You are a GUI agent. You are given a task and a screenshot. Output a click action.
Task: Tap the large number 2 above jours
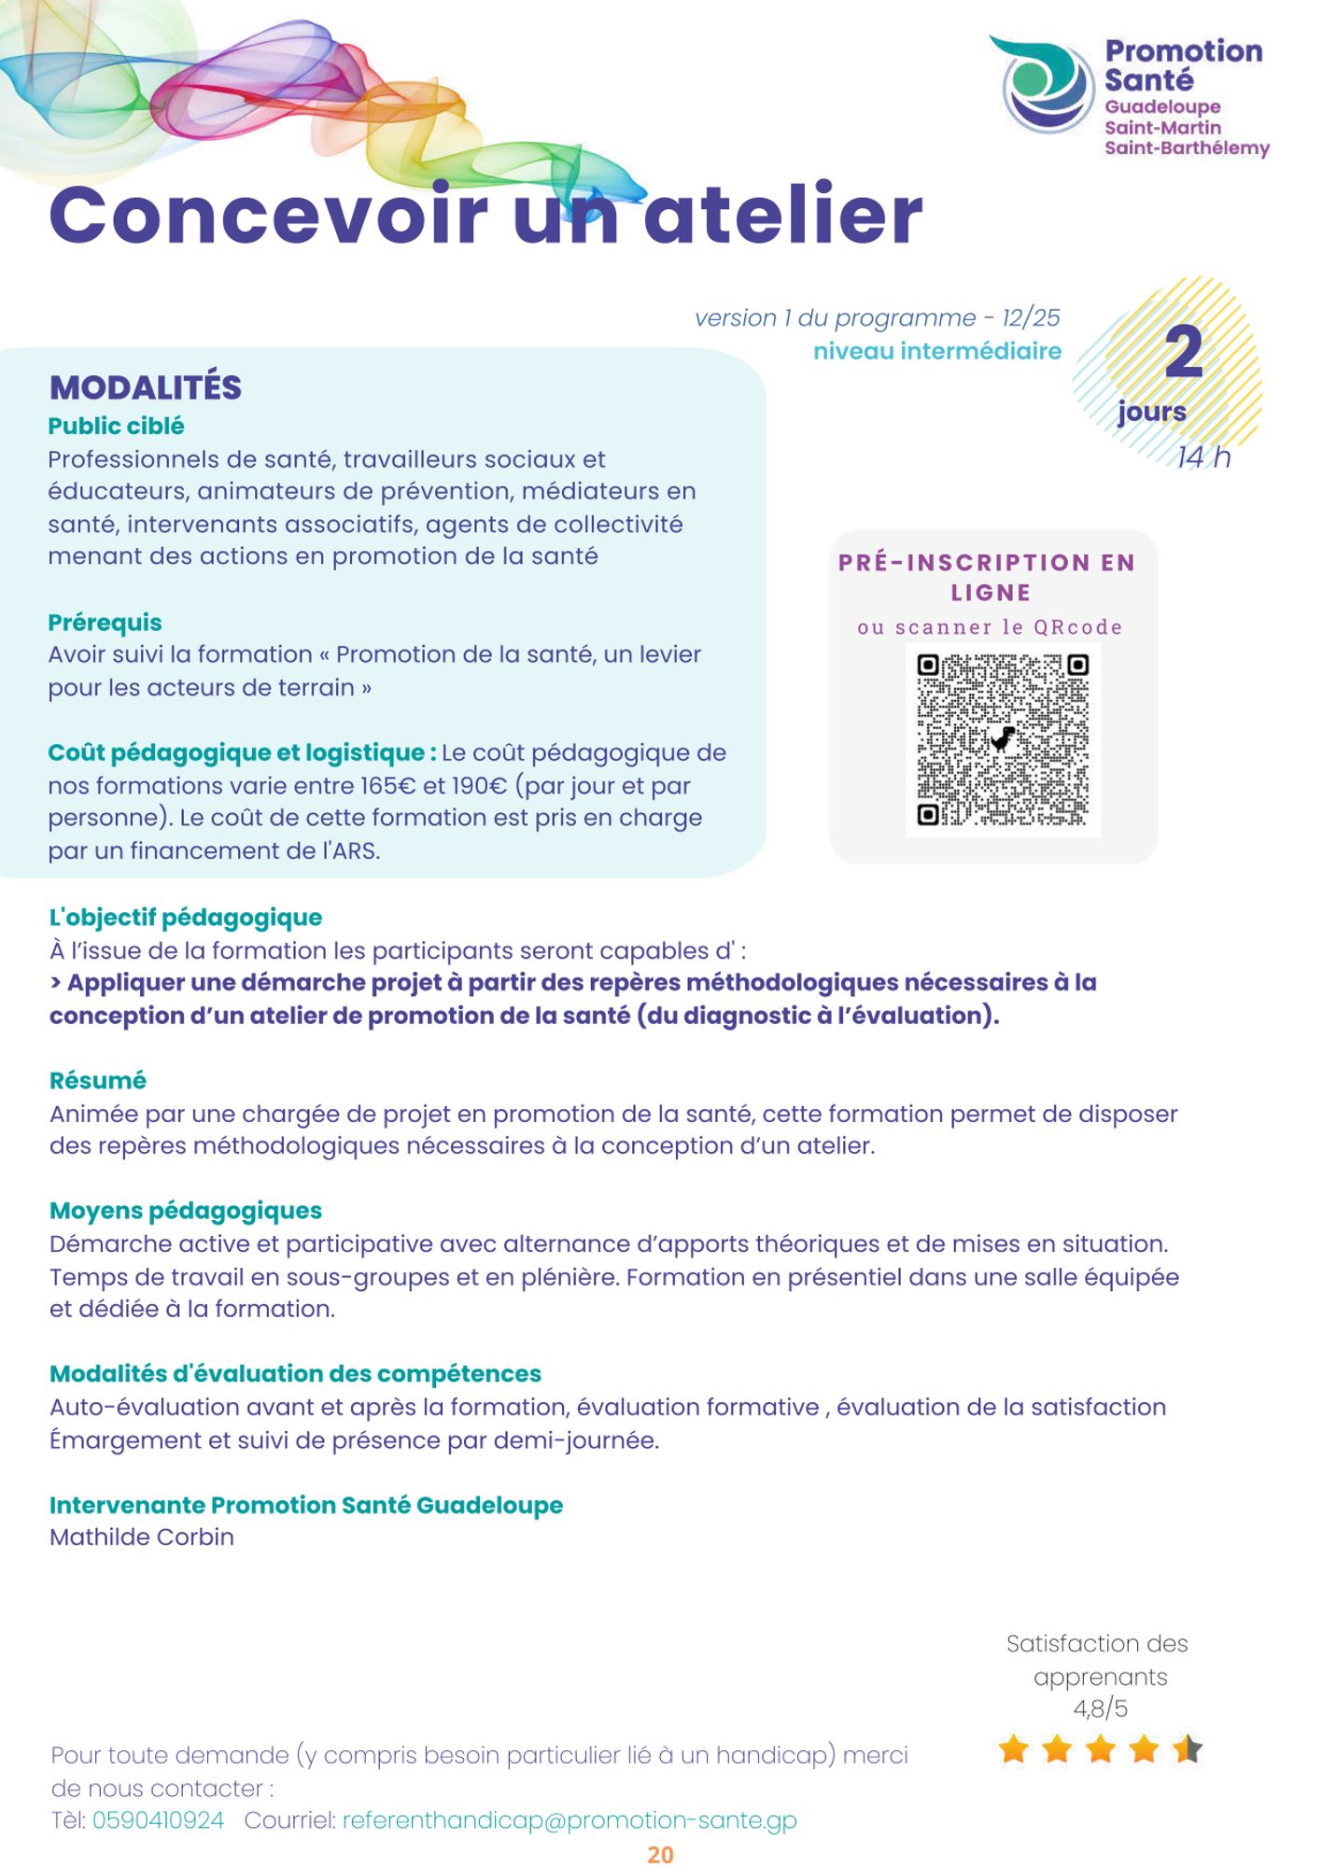[x=1183, y=353]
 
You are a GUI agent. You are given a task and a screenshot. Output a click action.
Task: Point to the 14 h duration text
[x=1203, y=457]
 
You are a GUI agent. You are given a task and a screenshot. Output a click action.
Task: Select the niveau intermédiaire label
[x=936, y=352]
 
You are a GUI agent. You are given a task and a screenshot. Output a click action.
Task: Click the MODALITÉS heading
[x=146, y=387]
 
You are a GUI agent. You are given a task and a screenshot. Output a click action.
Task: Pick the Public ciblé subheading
[x=117, y=427]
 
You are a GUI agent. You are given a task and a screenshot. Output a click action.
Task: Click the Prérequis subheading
[x=105, y=623]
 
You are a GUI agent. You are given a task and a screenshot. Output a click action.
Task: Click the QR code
[x=1003, y=740]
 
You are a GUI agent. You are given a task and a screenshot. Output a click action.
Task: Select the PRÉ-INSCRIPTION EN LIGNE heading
[x=988, y=577]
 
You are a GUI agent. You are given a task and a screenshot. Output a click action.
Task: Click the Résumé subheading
[x=98, y=1081]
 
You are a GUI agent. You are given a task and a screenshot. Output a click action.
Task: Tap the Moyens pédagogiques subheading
[x=186, y=1211]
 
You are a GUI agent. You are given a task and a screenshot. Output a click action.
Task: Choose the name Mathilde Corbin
[x=142, y=1537]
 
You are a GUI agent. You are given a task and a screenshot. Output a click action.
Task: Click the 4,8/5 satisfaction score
[x=1100, y=1709]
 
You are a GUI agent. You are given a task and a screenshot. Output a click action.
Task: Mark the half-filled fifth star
[x=1188, y=1748]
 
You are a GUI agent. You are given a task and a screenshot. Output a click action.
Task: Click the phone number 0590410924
[x=158, y=1820]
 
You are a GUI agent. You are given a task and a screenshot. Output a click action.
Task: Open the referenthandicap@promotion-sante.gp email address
[x=570, y=1820]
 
